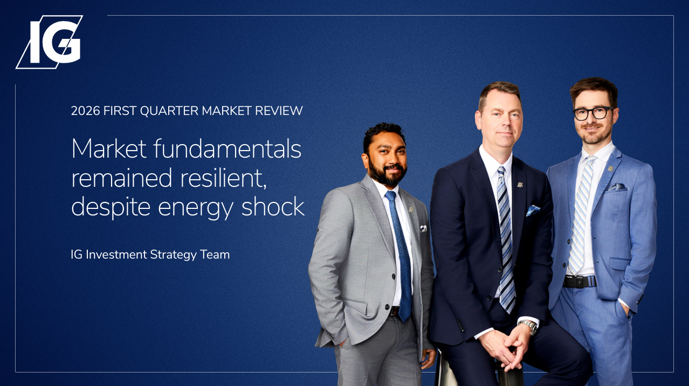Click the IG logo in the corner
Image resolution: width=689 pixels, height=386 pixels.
pos(49,42)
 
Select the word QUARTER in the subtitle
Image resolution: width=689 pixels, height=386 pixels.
pos(169,111)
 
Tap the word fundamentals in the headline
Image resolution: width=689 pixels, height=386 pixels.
pos(228,149)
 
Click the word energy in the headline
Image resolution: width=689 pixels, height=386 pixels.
pos(196,208)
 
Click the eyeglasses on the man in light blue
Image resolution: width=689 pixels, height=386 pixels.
pos(592,113)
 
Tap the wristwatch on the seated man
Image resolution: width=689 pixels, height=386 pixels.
pos(528,326)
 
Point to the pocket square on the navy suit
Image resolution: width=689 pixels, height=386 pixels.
pos(533,211)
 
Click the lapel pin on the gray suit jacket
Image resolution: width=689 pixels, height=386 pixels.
pos(411,209)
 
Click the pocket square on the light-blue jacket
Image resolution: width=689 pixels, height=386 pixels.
pos(617,187)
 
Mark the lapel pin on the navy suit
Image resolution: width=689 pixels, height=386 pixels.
pos(520,185)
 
